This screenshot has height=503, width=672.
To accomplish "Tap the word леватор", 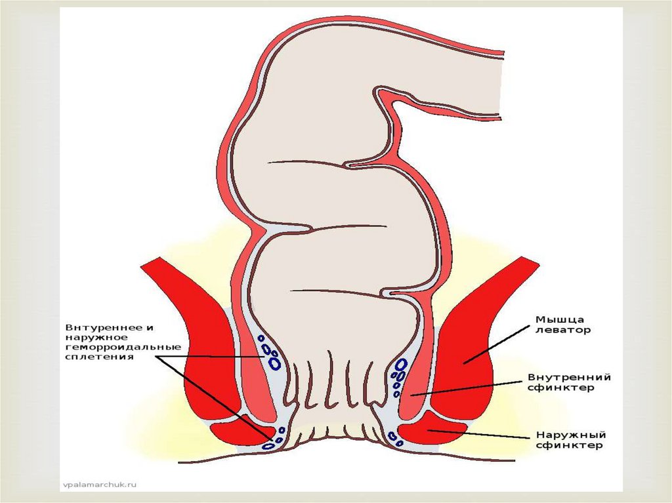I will click(x=562, y=330).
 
